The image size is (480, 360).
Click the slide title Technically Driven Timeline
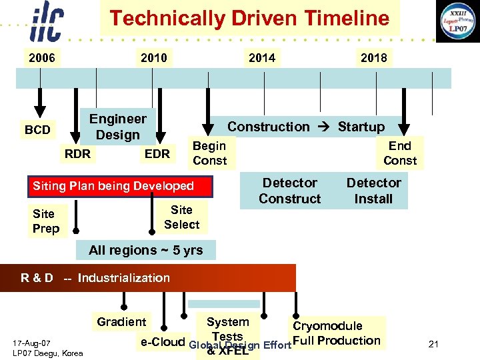249,18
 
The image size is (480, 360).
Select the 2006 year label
41,58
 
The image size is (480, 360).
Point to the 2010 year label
153,58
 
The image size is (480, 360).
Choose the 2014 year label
261,58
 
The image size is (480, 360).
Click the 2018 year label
373,58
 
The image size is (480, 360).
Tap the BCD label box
37,129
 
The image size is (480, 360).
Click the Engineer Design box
117,127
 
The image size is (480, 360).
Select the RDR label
77,154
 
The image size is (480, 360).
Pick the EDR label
157,154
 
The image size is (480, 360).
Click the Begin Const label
209,153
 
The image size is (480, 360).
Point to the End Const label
400,153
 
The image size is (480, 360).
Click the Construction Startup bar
306,127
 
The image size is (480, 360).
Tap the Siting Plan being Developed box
122,186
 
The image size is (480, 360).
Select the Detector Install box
373,191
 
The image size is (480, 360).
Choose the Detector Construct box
289,191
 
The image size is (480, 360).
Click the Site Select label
181,217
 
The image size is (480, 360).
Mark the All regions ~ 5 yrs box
145,250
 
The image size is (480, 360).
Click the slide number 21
433,344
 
